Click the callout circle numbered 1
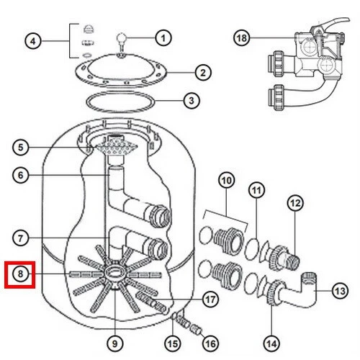163,38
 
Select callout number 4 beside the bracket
33,41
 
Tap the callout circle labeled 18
242,38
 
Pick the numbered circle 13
340,291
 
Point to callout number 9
115,343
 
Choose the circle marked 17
210,300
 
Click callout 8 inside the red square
20,274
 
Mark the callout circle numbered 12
295,203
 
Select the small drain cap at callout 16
197,330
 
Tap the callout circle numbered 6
20,175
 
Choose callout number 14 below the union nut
271,343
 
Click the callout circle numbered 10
227,180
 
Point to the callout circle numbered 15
173,343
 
